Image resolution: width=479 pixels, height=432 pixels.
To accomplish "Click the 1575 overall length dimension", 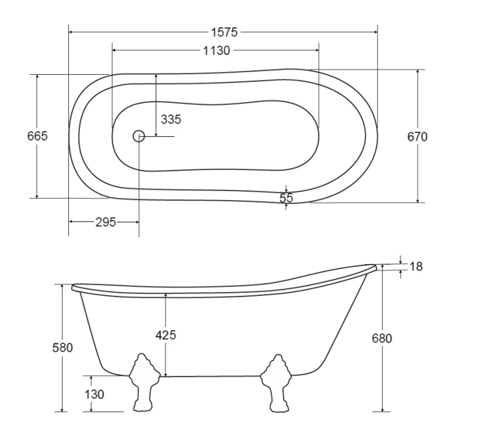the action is tap(224, 32).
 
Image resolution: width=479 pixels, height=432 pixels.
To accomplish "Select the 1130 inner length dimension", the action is tap(217, 50).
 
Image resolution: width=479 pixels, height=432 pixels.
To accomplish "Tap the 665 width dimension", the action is tap(37, 135).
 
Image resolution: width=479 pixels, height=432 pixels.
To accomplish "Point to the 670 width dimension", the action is tap(417, 136).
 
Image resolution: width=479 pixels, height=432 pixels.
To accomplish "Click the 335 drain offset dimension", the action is tap(171, 120).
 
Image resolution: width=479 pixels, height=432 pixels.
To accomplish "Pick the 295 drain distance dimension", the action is tap(105, 222).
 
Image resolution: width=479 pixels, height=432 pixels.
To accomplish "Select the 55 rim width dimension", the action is tap(286, 198).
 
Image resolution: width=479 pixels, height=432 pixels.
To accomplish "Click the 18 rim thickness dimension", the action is tap(416, 266).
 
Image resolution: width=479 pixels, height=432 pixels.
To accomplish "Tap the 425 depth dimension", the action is tap(165, 335).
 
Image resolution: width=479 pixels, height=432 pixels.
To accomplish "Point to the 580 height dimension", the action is tap(63, 348).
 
